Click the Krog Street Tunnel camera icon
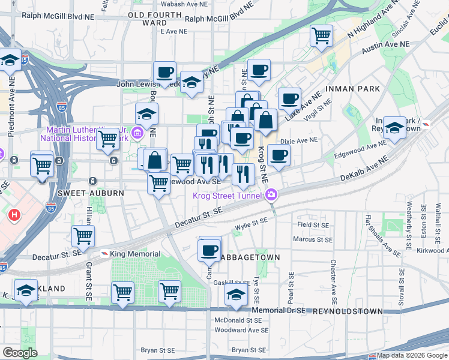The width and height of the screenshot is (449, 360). point(272,195)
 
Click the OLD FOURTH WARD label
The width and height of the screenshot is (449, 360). point(155,19)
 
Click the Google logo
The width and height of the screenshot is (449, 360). point(20,353)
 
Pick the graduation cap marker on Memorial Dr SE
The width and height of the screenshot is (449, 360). point(237,295)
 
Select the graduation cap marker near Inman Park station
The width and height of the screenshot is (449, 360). point(394,127)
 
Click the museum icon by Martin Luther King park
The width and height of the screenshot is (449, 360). point(137,133)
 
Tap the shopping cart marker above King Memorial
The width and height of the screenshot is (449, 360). point(83,236)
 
